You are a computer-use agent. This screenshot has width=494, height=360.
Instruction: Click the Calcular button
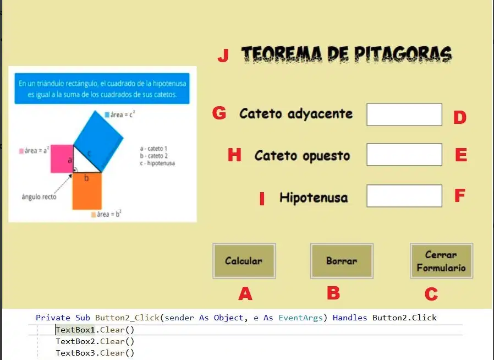(x=244, y=261)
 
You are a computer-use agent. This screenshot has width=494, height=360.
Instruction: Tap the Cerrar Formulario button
(x=441, y=261)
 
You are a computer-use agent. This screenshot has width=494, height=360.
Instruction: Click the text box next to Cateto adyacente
(x=404, y=114)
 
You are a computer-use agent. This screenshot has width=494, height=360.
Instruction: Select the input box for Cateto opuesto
(x=404, y=155)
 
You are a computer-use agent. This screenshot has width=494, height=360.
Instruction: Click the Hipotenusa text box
(x=404, y=196)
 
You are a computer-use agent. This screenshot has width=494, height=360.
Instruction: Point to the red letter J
(x=223, y=56)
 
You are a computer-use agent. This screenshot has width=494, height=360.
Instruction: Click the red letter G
(x=219, y=112)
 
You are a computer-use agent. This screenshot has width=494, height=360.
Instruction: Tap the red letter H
(x=234, y=155)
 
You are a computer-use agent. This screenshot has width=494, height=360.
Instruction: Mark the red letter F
(x=460, y=195)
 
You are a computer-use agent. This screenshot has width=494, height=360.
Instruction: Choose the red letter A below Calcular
(x=245, y=293)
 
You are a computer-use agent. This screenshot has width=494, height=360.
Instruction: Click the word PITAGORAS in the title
(x=403, y=54)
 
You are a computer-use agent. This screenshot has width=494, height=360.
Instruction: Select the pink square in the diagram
(x=62, y=159)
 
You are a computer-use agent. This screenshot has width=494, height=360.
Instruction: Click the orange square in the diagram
(x=87, y=190)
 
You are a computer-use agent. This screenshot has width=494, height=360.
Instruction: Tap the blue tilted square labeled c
(x=98, y=141)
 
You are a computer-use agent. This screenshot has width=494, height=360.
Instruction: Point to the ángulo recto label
(x=39, y=197)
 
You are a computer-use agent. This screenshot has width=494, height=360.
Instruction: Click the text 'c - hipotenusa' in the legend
(x=157, y=163)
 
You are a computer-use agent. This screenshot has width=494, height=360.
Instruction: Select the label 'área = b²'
(x=106, y=214)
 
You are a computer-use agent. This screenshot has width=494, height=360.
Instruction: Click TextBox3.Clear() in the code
(x=95, y=353)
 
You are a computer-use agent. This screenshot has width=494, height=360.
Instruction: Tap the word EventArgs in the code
(x=301, y=318)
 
